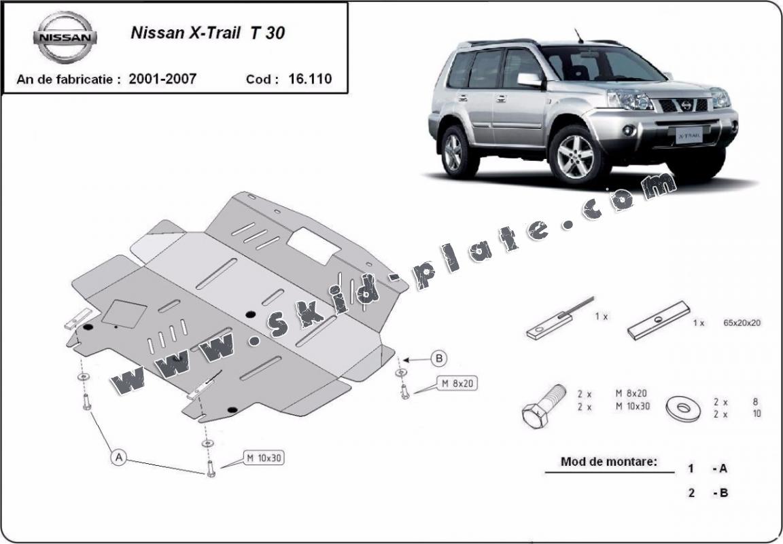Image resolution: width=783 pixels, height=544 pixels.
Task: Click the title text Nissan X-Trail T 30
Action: [x=207, y=33]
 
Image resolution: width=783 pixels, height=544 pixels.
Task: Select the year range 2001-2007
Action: [x=162, y=79]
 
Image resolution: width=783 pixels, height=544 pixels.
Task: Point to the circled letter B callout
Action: [x=439, y=358]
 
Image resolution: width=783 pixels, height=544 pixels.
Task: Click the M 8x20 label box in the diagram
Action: [x=456, y=384]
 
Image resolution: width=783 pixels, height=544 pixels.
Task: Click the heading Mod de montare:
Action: [x=609, y=462]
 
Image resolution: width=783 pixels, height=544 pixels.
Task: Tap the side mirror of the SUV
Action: [x=529, y=79]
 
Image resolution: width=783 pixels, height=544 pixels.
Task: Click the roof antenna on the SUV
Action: [x=579, y=35]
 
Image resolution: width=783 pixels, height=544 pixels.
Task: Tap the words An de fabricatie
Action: [x=69, y=79]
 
